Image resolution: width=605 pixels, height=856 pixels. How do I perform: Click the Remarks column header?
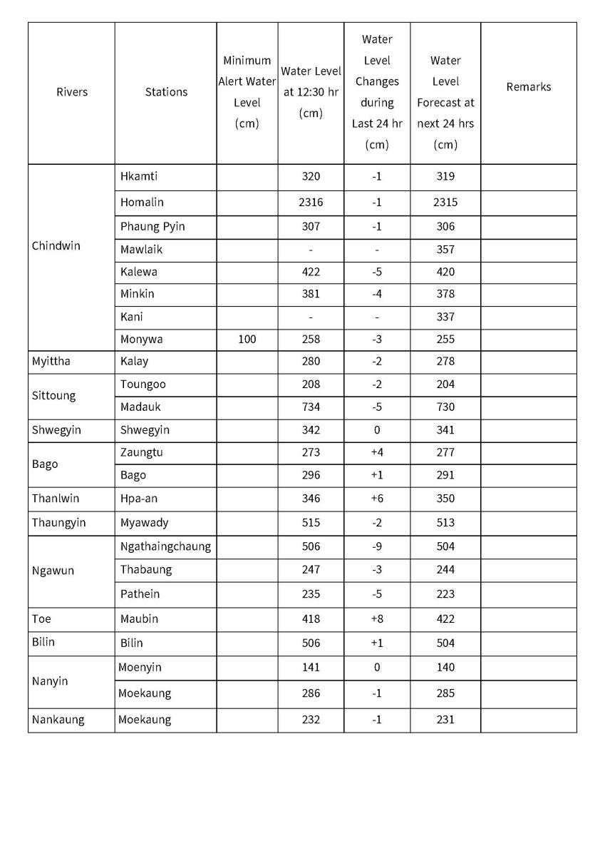[528, 87]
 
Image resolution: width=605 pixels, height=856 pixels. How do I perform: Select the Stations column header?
[166, 92]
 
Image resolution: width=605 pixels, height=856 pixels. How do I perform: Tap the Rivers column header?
[72, 92]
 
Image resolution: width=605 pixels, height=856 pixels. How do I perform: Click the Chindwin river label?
[56, 246]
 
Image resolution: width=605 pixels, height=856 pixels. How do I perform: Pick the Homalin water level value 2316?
[311, 203]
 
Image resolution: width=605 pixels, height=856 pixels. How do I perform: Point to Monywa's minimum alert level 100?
[247, 340]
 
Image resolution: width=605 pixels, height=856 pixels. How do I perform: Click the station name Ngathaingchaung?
[165, 546]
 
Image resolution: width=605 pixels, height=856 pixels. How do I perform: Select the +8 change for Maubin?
[376, 619]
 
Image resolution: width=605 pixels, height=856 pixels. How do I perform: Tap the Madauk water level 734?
[311, 407]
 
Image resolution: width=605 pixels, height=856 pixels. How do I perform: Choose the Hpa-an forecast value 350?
[445, 499]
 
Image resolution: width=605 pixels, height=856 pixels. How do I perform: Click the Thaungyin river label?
[58, 523]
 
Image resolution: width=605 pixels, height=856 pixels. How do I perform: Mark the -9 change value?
[376, 546]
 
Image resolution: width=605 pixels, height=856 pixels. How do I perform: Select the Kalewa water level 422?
[311, 272]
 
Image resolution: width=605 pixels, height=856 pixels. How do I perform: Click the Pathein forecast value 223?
[445, 594]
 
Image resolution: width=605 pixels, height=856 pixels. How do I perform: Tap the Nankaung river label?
[58, 720]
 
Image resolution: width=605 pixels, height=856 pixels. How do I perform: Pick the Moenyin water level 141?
[311, 668]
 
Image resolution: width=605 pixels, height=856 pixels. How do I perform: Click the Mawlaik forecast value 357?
[445, 250]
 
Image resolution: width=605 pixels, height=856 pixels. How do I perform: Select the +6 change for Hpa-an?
[376, 499]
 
